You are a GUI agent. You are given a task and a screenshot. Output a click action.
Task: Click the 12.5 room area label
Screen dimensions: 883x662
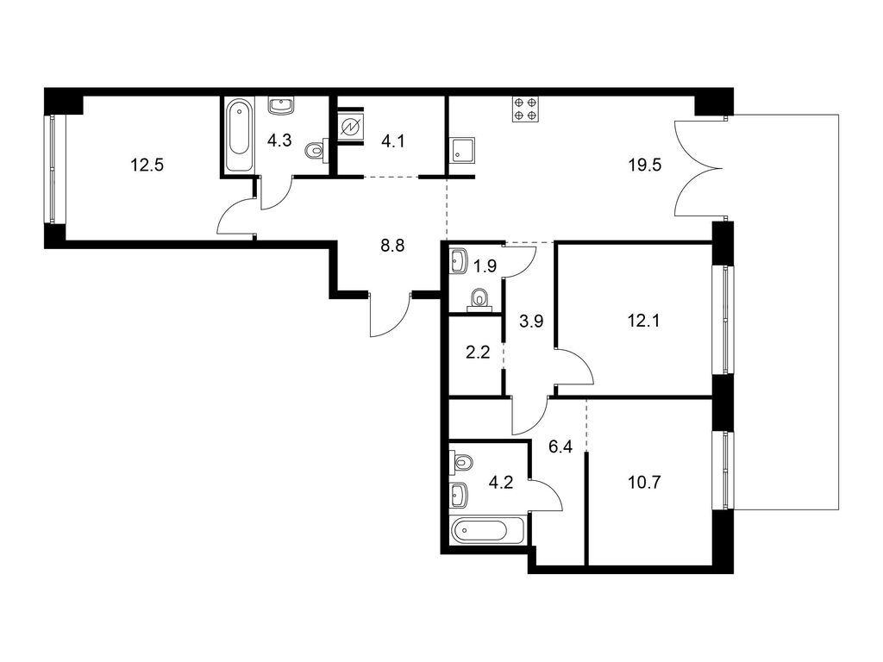pos(147,165)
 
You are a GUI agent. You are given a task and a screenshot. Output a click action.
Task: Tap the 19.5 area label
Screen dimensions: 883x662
pos(645,165)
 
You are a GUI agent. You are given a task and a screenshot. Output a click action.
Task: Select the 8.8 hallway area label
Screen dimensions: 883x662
pos(392,246)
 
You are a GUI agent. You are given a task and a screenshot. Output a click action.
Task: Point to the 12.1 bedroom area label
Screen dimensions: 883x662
pos(643,321)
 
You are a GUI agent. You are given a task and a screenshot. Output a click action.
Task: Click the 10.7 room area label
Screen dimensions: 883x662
pos(643,483)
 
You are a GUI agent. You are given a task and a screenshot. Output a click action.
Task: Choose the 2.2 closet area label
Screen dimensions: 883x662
pos(478,353)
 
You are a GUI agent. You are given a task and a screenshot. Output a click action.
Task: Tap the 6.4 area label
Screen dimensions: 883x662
pos(560,447)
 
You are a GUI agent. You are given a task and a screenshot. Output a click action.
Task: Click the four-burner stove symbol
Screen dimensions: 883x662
pos(525,109)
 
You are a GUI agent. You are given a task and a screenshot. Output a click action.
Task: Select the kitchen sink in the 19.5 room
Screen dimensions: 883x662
pos(462,150)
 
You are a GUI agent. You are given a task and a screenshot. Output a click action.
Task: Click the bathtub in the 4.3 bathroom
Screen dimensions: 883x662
pos(240,135)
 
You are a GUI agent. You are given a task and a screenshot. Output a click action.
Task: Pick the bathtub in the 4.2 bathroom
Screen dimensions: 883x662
pos(488,531)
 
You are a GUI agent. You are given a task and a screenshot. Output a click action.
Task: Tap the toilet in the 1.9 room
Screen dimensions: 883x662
pos(479,299)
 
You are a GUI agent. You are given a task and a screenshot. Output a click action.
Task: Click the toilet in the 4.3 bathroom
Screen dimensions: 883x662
pos(316,150)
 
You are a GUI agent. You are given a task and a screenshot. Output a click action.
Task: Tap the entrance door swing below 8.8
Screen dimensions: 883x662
pos(390,315)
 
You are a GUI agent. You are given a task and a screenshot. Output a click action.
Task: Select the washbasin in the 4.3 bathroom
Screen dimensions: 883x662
pos(281,106)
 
